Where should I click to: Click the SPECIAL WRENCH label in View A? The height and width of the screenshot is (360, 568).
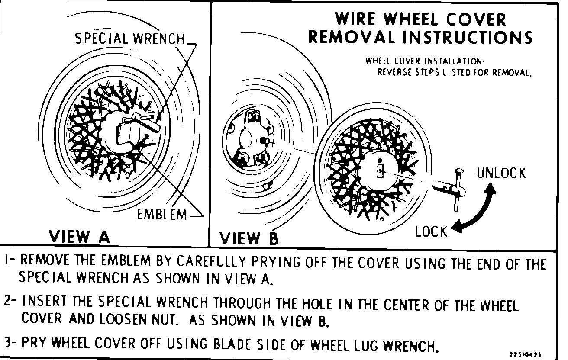tap(129, 39)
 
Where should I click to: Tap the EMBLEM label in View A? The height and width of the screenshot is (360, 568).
tap(162, 214)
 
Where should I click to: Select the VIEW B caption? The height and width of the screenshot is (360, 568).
tap(249, 238)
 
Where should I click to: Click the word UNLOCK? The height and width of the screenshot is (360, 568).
tap(501, 173)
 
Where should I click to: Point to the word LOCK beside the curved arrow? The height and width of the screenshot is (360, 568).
tap(431, 231)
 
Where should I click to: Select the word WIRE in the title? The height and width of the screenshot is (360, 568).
tap(356, 19)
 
